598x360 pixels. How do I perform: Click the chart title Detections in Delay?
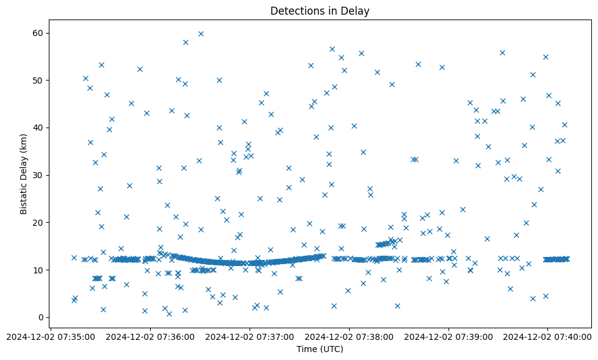click(x=320, y=11)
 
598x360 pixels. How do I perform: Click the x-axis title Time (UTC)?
click(x=320, y=349)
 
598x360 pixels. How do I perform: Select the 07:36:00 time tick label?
click(x=151, y=336)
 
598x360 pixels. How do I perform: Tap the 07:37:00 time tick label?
click(x=250, y=336)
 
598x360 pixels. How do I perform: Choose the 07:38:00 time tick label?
click(x=350, y=336)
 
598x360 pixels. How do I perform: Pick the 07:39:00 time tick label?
click(x=448, y=336)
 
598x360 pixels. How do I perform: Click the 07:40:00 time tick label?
click(x=547, y=336)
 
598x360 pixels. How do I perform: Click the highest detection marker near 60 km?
click(x=201, y=34)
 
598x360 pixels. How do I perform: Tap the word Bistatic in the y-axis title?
click(x=24, y=196)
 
